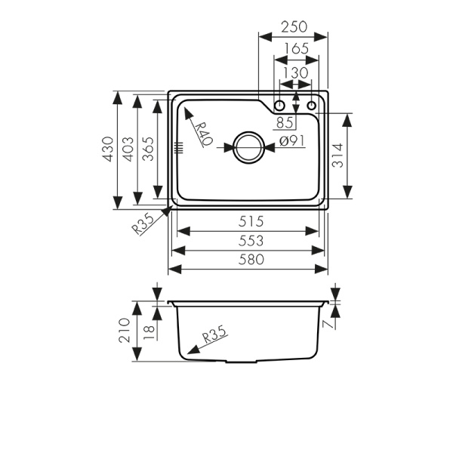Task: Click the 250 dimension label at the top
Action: click(294, 26)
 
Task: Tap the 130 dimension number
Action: click(294, 72)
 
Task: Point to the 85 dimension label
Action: click(285, 122)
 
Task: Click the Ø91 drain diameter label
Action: click(291, 141)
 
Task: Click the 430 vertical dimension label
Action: click(107, 149)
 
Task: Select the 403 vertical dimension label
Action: click(128, 149)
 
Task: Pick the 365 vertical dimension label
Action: click(148, 149)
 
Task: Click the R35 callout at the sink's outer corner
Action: click(143, 224)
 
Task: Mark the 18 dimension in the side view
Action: click(148, 331)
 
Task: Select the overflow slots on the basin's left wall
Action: click(179, 148)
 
